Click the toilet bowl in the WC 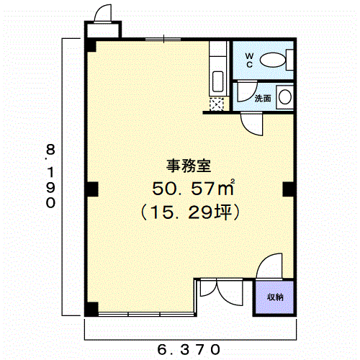(x=273, y=60)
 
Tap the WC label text (x=249, y=60)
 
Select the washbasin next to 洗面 (x=285, y=97)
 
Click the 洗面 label (x=263, y=98)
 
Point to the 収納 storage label (x=275, y=297)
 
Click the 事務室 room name (x=189, y=166)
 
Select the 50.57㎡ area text (x=194, y=188)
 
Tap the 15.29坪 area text (x=189, y=212)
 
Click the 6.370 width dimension (x=189, y=349)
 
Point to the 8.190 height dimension (x=50, y=176)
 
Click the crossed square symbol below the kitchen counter (x=217, y=104)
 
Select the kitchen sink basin (x=218, y=81)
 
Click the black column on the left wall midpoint (x=93, y=189)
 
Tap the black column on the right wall (x=288, y=189)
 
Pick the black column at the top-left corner (x=91, y=46)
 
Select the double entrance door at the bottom (x=221, y=292)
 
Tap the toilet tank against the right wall (x=290, y=60)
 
